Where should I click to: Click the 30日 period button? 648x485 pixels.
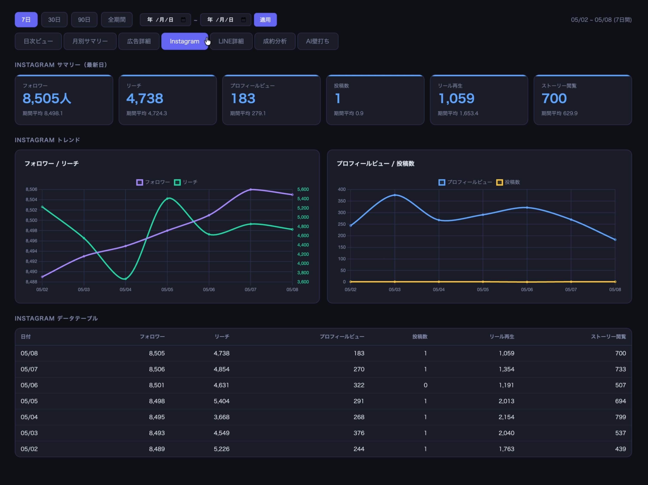[x=54, y=20]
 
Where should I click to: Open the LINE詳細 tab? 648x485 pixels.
[x=231, y=41]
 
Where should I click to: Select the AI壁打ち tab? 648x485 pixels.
[x=318, y=41]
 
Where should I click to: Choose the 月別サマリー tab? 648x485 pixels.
[x=90, y=41]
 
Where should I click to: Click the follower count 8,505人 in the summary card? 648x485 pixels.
[x=47, y=98]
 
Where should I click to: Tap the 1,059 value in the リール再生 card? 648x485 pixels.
[x=456, y=98]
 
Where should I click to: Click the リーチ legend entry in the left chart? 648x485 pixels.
[x=186, y=182]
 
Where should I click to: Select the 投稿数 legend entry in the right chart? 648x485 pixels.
[x=508, y=182]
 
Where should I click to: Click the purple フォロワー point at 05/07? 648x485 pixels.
[x=251, y=190]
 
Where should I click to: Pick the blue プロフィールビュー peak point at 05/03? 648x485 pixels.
[x=395, y=195]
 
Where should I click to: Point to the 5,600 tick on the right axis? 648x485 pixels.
[x=303, y=189]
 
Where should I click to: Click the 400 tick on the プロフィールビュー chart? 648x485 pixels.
[x=342, y=189]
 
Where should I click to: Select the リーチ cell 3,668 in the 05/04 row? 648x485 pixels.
[x=221, y=417]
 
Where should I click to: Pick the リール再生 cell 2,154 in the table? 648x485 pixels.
[x=506, y=417]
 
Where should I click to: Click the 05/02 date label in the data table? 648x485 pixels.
[x=29, y=449]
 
